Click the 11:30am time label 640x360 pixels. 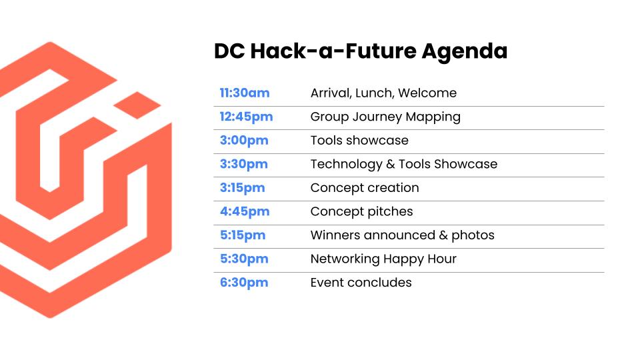pos(245,93)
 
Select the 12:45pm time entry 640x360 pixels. pos(246,117)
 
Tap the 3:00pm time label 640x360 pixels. pos(244,141)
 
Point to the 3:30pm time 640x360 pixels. pos(244,165)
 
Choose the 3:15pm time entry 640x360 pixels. pos(243,188)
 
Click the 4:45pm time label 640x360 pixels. pos(245,211)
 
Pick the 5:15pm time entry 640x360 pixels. pos(243,235)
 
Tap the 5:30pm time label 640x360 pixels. pos(244,259)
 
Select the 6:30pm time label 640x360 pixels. pos(244,283)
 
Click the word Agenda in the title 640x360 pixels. pos(465,52)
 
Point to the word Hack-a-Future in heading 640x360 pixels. pos(333,51)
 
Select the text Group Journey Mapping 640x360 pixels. pos(385,117)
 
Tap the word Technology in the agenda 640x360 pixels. pos(347,165)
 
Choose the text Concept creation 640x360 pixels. pos(365,188)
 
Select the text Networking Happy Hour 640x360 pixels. pos(383,259)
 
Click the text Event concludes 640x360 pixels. pos(361,283)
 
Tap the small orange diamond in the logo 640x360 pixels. pos(137,105)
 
